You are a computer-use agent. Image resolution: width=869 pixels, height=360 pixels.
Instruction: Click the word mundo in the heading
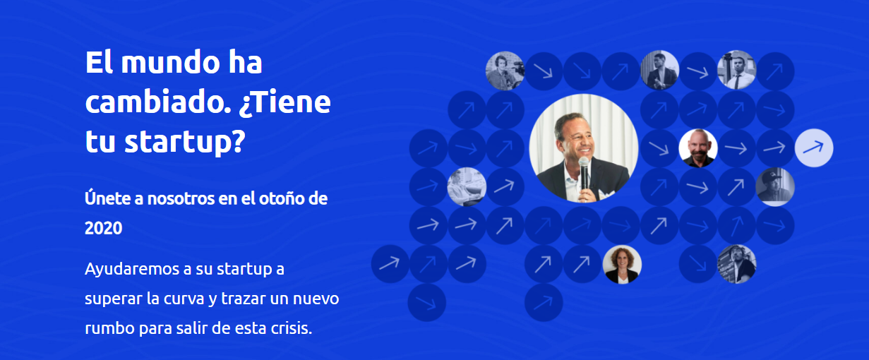point(171,62)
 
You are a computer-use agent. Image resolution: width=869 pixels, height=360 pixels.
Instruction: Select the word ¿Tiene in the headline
point(284,102)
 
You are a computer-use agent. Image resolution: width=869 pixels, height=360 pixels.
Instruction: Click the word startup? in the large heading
point(185,143)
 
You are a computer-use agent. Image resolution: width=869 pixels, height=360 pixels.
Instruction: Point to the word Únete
point(107,198)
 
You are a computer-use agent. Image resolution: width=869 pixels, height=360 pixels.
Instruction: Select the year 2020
point(104,228)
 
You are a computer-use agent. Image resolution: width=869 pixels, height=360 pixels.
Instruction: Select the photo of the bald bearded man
point(698,148)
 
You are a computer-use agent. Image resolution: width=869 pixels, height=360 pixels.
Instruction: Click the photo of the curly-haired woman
point(622,264)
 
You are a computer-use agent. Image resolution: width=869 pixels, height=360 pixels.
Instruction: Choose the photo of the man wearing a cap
point(774,186)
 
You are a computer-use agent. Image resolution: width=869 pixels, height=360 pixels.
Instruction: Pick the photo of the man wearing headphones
point(505,71)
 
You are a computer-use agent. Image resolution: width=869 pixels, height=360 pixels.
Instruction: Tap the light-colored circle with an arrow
point(813,148)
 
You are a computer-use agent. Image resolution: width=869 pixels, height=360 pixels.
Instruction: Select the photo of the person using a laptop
point(467,186)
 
